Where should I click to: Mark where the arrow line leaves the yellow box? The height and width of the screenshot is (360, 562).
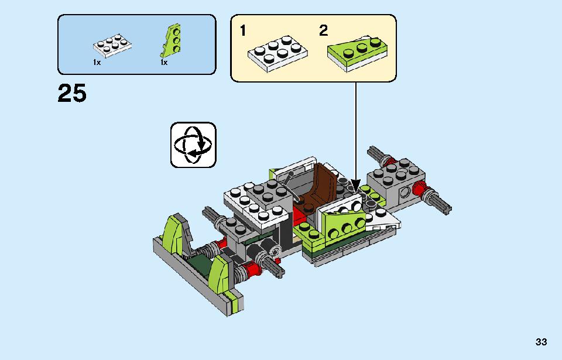pos(356,82)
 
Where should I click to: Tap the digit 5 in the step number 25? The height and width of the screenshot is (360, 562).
pos(79,93)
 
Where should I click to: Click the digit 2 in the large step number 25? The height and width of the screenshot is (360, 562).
pos(64,93)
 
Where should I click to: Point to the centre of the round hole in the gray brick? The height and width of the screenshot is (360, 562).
pos(405,192)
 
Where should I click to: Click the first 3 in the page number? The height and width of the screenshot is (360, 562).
pos(539,342)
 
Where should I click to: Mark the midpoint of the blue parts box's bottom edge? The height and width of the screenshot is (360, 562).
pos(136,74)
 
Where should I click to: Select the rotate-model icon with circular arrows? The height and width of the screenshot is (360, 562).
pos(193,145)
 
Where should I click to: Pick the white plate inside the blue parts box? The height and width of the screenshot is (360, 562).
pos(112,46)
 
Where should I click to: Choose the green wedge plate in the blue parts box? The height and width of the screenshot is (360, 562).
pos(171,40)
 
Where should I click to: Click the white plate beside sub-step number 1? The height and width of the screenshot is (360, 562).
pos(277,54)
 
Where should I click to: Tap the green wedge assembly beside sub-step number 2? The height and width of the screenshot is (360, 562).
pos(357,53)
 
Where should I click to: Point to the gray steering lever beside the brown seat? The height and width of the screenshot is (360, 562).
pos(292,186)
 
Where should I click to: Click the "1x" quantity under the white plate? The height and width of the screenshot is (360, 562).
pos(97,63)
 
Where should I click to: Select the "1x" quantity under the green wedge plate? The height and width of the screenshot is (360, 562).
pos(164,63)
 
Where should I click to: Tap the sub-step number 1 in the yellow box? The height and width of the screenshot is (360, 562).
pos(243,30)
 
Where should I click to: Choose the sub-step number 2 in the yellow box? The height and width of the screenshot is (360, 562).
pos(323,30)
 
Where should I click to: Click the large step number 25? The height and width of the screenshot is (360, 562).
pos(72,93)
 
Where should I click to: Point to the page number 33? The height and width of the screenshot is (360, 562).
pos(541,342)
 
